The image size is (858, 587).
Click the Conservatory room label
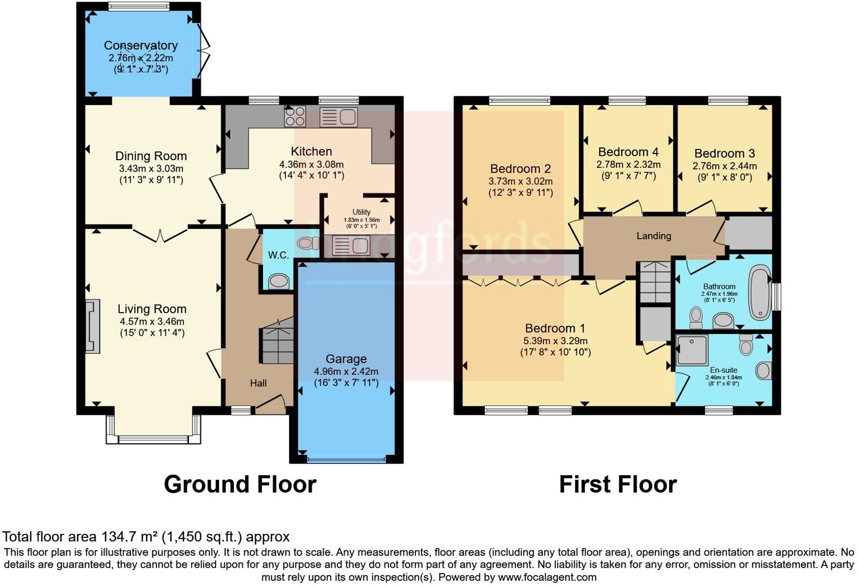[x=141, y=46]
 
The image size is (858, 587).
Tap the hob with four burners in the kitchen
[x=295, y=116]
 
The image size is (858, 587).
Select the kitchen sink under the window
[x=338, y=117]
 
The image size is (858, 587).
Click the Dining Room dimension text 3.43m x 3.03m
[x=151, y=169]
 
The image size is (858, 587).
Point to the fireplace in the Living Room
[x=92, y=326]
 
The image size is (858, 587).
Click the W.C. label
[x=278, y=255]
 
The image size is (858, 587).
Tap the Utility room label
[x=361, y=212]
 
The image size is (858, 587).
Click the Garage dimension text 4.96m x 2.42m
[x=346, y=371]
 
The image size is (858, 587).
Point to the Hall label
[x=258, y=383]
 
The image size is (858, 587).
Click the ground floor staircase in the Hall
[x=277, y=341]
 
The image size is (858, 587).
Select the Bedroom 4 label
[x=628, y=152]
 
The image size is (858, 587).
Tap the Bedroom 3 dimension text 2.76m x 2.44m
[x=724, y=166]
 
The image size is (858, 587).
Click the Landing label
[x=654, y=236]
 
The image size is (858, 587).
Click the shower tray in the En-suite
[x=692, y=350]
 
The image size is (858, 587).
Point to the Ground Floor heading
[x=240, y=484]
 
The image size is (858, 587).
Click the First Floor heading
[x=618, y=484]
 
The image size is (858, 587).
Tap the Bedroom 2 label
[x=520, y=169]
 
